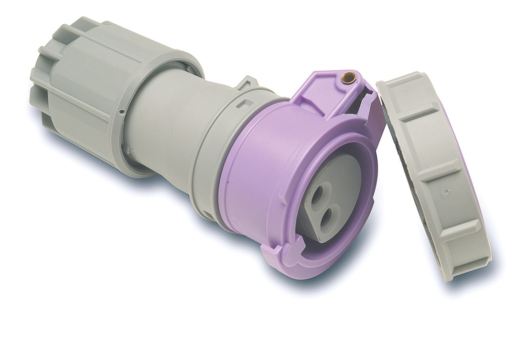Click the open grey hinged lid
coord(432,172)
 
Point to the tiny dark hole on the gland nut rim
coord(122,113)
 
